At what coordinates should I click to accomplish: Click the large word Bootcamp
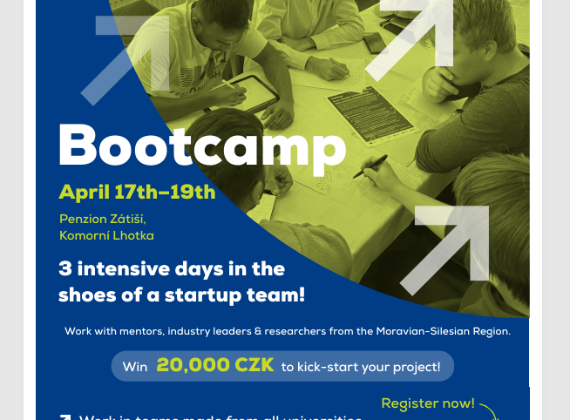[x=202, y=146]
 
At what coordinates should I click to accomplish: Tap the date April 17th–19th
[x=137, y=191]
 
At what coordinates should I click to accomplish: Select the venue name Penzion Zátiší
[x=103, y=219]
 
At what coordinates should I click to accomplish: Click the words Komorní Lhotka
[x=106, y=235]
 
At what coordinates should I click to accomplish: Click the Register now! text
[x=428, y=403]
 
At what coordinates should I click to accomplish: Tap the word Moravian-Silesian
[x=420, y=331]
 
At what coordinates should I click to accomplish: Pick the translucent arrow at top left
[x=131, y=56]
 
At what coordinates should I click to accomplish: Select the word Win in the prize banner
[x=135, y=367]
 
